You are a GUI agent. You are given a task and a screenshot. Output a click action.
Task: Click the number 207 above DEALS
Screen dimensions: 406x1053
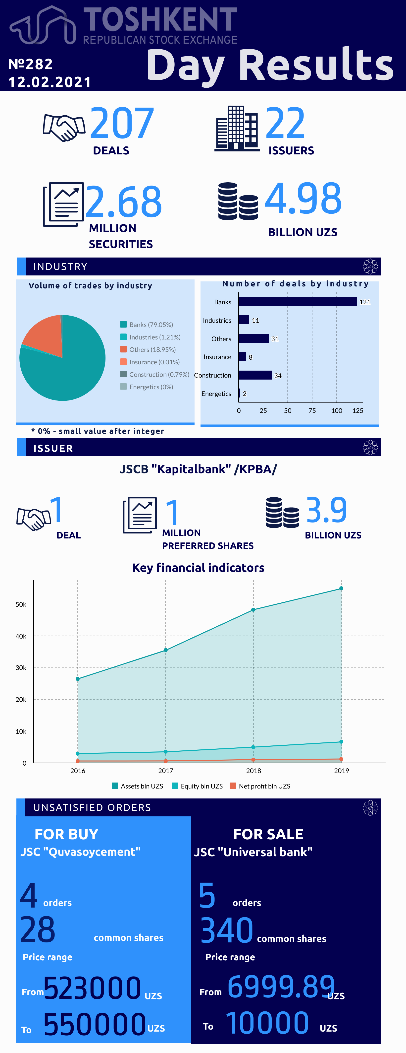(x=122, y=123)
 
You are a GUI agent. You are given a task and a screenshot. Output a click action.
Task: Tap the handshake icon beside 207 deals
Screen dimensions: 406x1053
(x=64, y=128)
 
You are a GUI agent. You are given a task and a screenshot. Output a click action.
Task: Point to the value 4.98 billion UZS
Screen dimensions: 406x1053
(x=303, y=199)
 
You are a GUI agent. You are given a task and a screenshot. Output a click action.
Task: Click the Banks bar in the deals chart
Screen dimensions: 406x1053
(x=297, y=302)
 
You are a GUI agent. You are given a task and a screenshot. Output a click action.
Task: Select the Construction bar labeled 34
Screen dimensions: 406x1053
(x=255, y=375)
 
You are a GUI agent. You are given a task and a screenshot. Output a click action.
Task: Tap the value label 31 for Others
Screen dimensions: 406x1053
(x=275, y=339)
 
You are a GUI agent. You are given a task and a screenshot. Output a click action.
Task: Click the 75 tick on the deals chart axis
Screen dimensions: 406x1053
(x=312, y=410)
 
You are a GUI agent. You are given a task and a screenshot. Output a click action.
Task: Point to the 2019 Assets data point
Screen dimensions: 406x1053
(x=342, y=588)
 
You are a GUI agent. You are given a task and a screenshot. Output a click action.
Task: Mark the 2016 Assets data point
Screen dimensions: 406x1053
(x=78, y=679)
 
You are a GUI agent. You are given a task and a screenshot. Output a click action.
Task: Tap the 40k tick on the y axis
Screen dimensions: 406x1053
(x=21, y=636)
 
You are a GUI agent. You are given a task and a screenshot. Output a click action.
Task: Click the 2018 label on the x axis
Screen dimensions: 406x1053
(x=253, y=771)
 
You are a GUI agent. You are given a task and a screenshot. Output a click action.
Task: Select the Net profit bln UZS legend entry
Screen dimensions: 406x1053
(x=260, y=786)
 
